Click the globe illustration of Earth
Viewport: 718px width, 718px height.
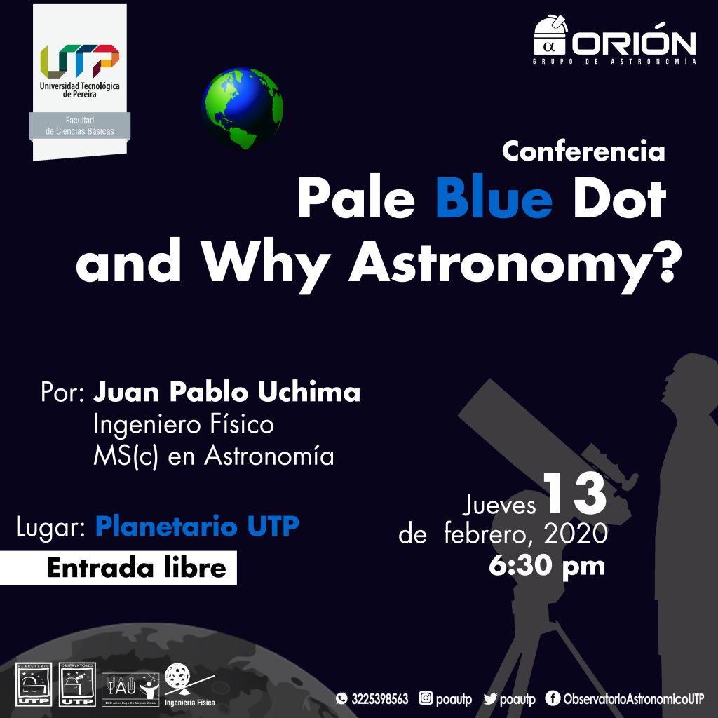(242, 109)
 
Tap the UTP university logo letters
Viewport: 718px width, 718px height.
(79, 62)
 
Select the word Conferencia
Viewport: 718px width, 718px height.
(583, 151)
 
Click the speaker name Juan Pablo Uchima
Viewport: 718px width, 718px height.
(227, 393)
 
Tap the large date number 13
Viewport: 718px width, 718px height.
(574, 495)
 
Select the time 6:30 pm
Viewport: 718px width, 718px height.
(546, 565)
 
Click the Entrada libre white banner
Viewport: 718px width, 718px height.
(118, 567)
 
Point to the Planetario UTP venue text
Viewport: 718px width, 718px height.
(197, 527)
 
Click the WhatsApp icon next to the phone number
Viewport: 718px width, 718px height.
(341, 698)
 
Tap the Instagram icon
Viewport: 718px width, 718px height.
(426, 698)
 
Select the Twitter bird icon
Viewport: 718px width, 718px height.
(490, 698)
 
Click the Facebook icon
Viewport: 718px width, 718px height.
(551, 698)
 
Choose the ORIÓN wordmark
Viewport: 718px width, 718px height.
(635, 44)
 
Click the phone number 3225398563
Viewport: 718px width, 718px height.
(379, 698)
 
